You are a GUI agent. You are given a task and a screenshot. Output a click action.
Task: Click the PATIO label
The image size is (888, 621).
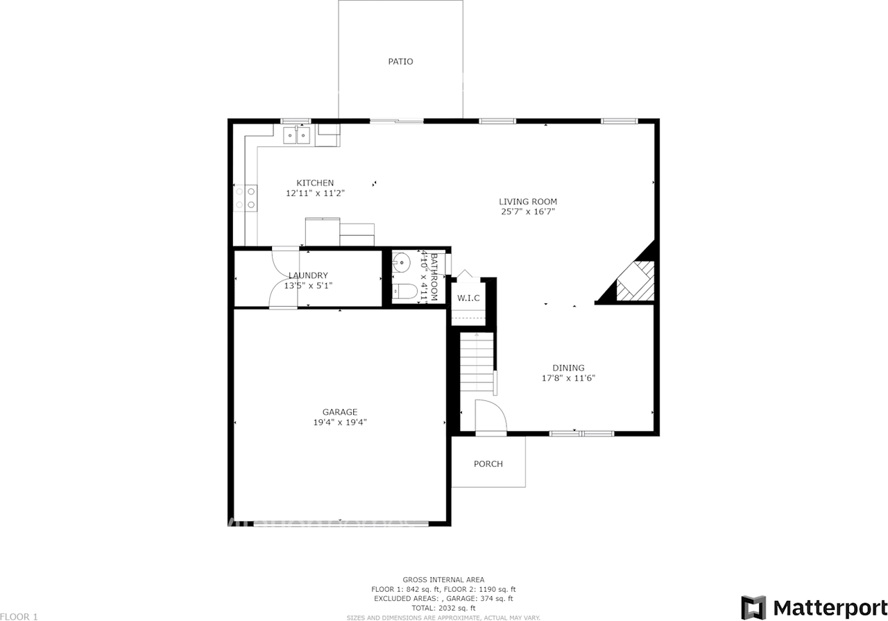(400, 62)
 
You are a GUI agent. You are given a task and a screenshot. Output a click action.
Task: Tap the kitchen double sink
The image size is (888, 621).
(296, 135)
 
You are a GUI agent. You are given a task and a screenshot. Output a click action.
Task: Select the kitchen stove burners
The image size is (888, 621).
(245, 198)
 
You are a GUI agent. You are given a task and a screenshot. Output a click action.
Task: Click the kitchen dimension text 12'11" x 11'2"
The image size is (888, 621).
(315, 194)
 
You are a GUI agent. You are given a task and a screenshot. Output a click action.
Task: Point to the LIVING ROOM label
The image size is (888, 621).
(528, 202)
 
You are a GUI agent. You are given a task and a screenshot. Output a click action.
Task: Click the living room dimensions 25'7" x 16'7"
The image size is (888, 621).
(528, 212)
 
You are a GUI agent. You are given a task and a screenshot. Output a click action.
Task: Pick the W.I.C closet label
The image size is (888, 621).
(468, 298)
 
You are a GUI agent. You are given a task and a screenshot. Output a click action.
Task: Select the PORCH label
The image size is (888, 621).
(488, 464)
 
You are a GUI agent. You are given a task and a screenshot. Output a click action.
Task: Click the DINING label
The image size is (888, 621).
(568, 368)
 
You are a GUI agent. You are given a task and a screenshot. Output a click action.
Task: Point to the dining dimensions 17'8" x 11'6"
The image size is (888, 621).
(568, 378)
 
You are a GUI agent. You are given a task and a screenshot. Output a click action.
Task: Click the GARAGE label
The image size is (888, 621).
(340, 411)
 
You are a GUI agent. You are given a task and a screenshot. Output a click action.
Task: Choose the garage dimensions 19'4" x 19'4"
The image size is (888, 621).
(340, 422)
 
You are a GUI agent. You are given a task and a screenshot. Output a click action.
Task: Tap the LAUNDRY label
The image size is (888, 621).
(308, 275)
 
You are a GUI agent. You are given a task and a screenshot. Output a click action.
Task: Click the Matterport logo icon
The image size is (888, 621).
(753, 607)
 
